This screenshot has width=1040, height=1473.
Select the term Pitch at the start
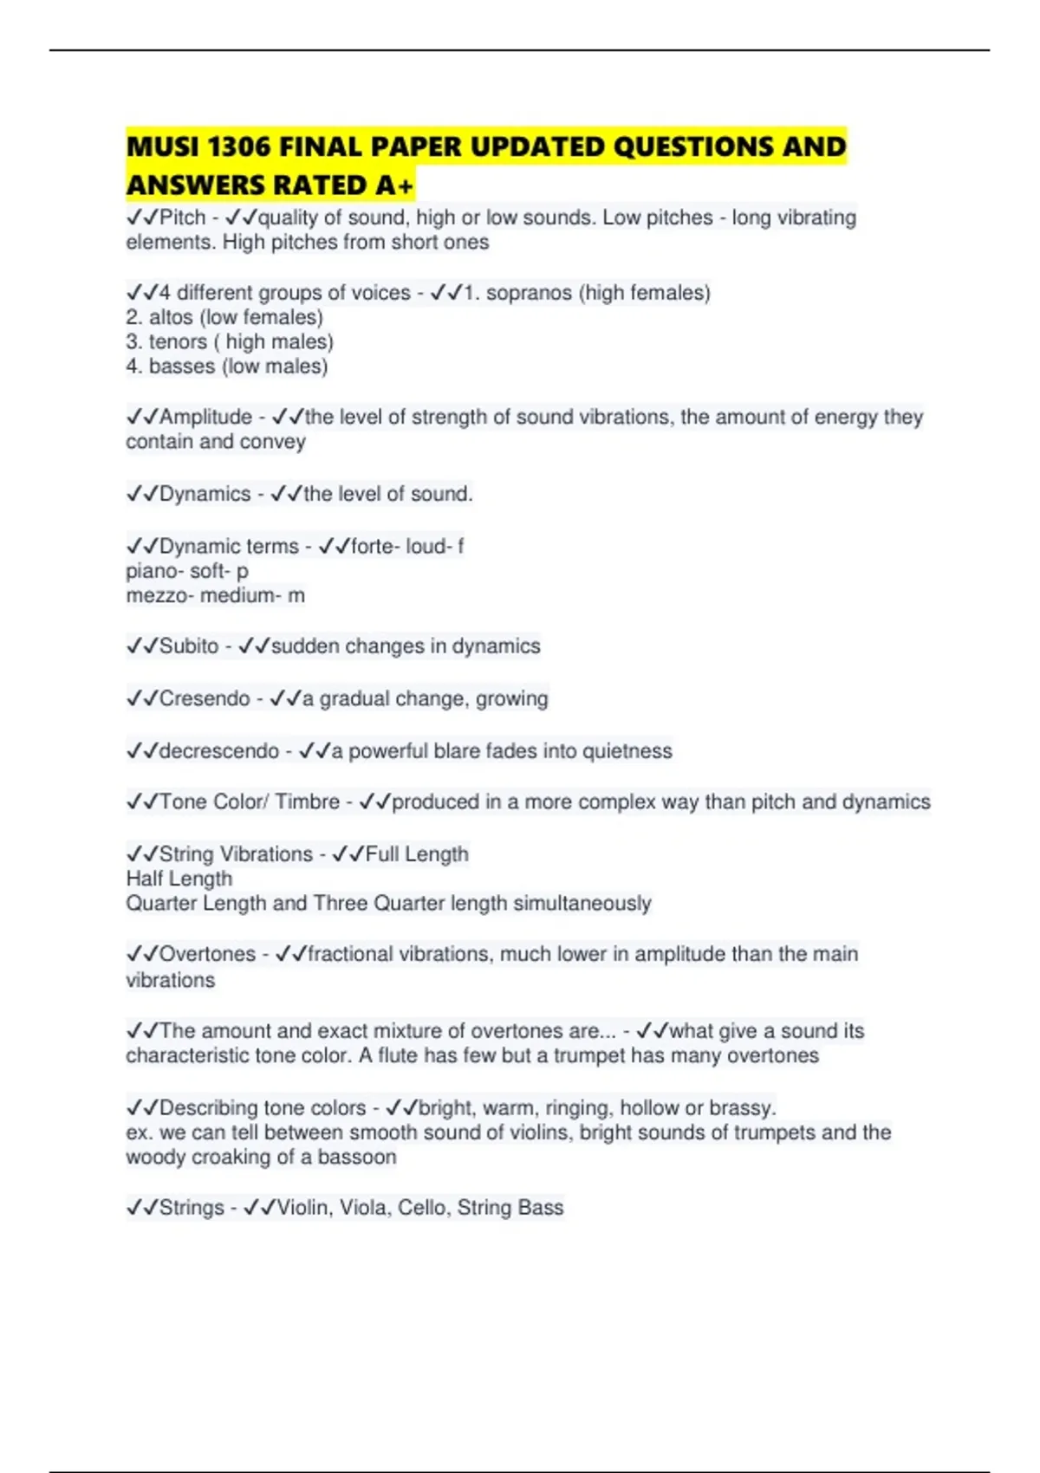click(x=183, y=217)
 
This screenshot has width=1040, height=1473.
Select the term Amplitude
click(x=205, y=417)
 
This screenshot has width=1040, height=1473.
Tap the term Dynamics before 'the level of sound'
click(x=205, y=494)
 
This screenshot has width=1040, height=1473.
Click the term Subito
click(x=189, y=646)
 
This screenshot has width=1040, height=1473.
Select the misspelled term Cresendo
click(x=205, y=698)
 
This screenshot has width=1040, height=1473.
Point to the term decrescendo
click(x=219, y=750)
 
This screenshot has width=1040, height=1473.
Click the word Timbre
click(x=307, y=801)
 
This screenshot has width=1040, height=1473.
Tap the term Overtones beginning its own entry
click(x=208, y=954)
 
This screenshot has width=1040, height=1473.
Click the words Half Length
click(x=179, y=879)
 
